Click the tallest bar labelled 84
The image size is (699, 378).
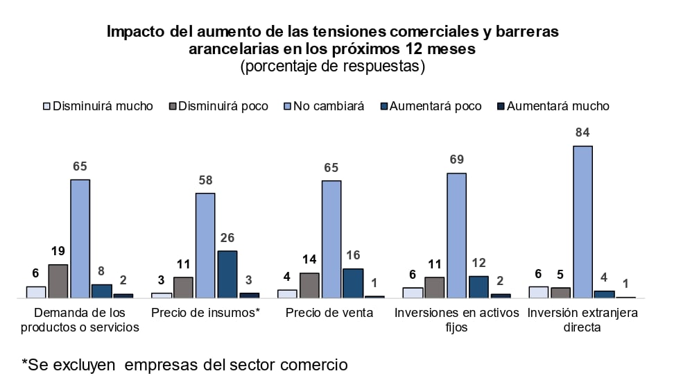(582, 222)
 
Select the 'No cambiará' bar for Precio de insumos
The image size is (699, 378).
(205, 246)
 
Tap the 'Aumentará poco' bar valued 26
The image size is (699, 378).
(227, 274)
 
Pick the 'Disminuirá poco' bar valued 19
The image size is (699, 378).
(58, 281)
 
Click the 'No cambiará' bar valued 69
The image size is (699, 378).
(456, 235)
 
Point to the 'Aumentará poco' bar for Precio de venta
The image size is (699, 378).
(353, 283)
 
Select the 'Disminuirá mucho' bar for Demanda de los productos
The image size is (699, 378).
(36, 292)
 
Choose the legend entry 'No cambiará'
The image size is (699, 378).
(328, 106)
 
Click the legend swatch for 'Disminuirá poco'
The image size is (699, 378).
(173, 106)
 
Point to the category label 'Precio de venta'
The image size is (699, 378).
(329, 313)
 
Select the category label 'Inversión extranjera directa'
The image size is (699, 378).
(582, 320)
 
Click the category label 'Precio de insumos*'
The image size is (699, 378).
(205, 313)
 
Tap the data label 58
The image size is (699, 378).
(205, 180)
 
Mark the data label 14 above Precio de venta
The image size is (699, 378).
(309, 260)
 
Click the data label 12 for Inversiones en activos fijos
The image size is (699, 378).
(478, 263)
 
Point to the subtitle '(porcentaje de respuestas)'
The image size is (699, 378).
(332, 67)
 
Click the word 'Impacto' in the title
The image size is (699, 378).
(134, 32)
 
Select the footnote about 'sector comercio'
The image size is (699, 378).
(184, 364)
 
